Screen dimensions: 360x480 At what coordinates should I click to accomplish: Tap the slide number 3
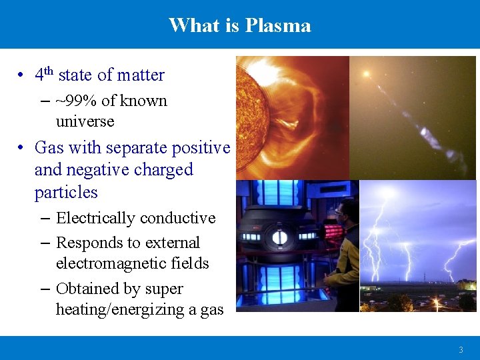coord(460,350)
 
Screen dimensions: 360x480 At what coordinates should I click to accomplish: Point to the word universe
coord(85,121)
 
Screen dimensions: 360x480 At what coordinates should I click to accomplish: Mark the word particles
coord(66,193)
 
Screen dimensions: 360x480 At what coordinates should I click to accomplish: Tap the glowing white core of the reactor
coord(279,237)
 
